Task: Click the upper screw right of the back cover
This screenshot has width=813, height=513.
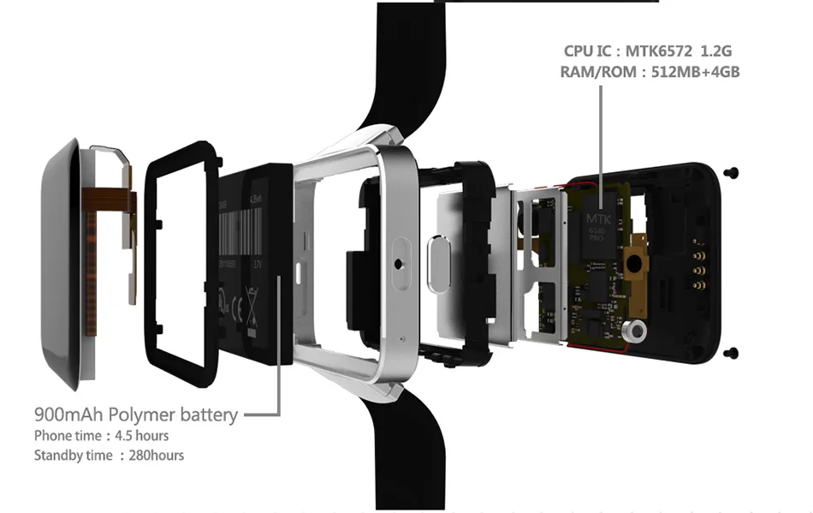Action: tap(734, 174)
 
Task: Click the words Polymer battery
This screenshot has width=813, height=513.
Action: tap(182, 415)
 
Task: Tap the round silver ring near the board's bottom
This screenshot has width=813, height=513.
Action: tap(637, 331)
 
